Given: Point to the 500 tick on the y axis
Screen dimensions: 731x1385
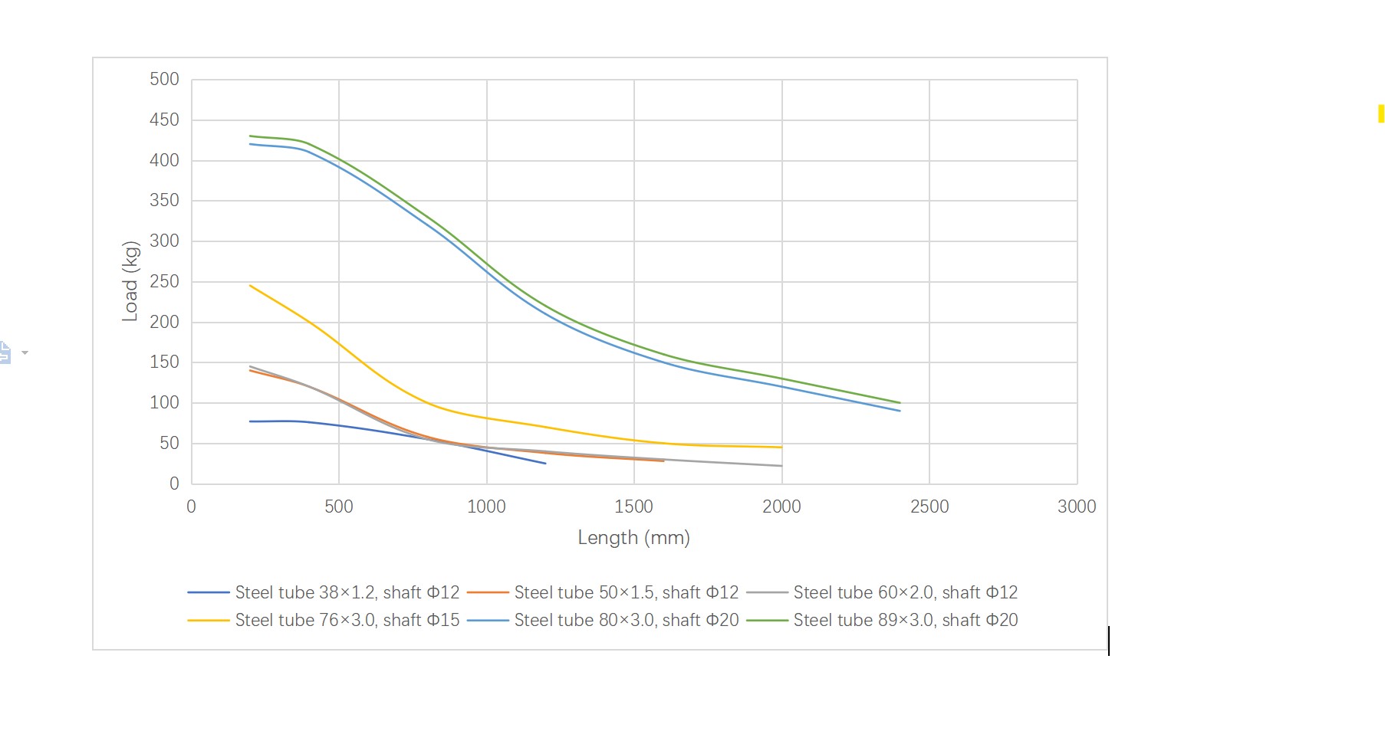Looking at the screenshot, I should (164, 80).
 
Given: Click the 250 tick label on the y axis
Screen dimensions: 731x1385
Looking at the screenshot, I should (164, 281).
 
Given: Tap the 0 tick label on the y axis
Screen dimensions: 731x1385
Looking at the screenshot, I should (174, 484).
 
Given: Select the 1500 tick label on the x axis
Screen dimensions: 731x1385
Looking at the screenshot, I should (633, 506).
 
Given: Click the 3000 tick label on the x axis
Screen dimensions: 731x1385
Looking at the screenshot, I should (1076, 506).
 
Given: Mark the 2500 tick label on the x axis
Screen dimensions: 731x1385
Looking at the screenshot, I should (929, 506).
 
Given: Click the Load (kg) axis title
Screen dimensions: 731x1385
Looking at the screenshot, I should (130, 281).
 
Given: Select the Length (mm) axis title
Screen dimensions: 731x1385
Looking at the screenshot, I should (633, 538).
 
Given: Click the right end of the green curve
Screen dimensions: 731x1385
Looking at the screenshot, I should (900, 403).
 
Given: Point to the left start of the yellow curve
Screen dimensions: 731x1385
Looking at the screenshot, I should (251, 286).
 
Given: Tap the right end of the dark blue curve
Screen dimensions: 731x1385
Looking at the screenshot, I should (545, 464).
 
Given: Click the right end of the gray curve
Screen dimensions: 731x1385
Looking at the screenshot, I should (781, 466).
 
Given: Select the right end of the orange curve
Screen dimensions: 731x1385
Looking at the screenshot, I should (663, 461).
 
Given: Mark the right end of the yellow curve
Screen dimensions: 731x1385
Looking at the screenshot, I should (781, 447).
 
